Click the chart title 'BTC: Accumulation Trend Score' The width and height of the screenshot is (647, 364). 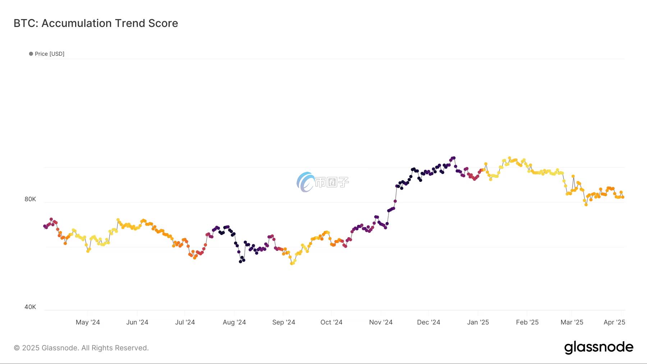tap(96, 23)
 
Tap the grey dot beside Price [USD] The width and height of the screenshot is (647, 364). tap(31, 54)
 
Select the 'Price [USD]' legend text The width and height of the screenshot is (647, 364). tap(50, 54)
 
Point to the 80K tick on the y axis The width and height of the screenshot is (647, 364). tap(30, 199)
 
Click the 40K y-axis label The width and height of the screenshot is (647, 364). tap(30, 307)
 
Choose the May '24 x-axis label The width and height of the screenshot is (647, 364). tap(88, 322)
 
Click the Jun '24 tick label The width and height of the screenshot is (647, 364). tap(137, 322)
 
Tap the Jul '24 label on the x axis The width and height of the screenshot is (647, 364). tap(185, 322)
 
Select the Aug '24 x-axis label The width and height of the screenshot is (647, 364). tap(234, 322)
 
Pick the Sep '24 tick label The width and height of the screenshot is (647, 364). tap(284, 322)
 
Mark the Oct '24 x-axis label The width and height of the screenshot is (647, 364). tap(331, 322)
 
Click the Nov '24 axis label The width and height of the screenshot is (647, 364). tap(381, 322)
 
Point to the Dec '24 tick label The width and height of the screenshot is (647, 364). tap(428, 322)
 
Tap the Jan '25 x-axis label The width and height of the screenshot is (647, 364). tap(478, 322)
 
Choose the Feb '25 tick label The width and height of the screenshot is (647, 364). tap(527, 322)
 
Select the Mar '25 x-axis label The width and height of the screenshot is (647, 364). tap(572, 322)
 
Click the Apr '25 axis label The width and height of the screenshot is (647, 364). tap(614, 322)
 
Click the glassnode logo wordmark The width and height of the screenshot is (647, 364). tap(598, 347)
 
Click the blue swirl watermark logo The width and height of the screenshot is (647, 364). tap(305, 182)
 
